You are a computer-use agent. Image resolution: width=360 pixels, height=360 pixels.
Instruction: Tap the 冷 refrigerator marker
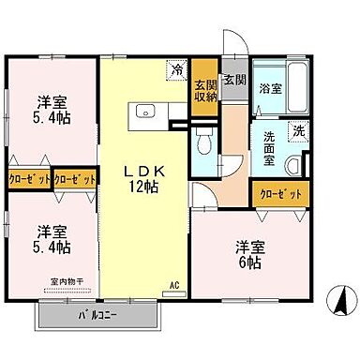coord(175,68)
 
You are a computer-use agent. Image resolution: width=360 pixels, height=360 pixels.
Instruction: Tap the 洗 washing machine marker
coord(297,130)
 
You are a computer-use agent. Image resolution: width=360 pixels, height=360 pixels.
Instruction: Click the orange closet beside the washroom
coord(279,193)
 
